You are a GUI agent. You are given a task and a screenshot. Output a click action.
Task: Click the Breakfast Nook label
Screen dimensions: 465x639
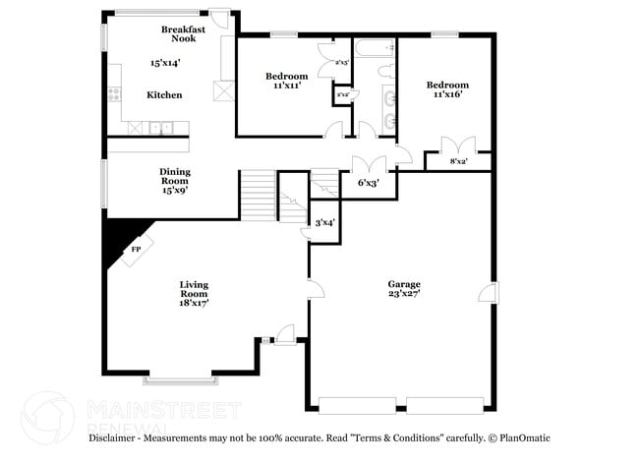(183, 33)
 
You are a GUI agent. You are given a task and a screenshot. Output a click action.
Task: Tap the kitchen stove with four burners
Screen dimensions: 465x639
(115, 95)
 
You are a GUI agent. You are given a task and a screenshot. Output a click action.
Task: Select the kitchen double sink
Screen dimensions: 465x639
(161, 127)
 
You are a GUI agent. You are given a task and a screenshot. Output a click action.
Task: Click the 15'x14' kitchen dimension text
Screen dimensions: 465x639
(164, 63)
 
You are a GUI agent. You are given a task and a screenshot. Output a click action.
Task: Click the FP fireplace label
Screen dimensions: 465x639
(135, 250)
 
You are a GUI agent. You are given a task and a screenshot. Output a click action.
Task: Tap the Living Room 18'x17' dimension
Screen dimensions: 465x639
(194, 304)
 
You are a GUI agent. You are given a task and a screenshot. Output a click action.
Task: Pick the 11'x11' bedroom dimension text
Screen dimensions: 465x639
(287, 86)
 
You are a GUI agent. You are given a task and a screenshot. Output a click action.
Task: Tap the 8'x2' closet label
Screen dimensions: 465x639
(458, 161)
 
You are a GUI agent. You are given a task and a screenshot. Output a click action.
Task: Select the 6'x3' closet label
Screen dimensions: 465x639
(369, 182)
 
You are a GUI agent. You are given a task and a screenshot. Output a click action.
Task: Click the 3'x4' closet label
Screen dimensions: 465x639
(324, 223)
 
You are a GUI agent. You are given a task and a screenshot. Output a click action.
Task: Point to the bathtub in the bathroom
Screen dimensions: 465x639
(374, 47)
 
